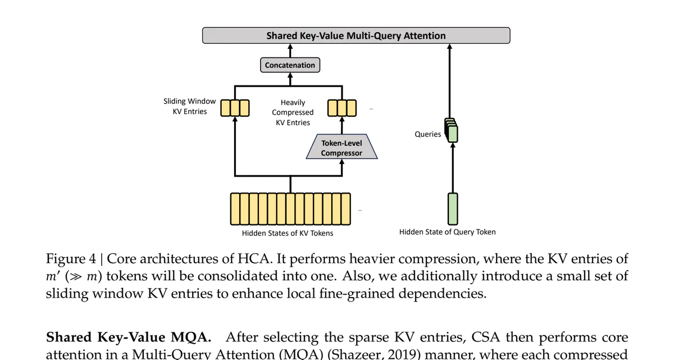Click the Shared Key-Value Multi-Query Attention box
pyautogui.click(x=356, y=35)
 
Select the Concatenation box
pyautogui.click(x=290, y=65)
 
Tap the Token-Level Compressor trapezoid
pyautogui.click(x=341, y=148)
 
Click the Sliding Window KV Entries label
pyautogui.click(x=189, y=106)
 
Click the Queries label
pyautogui.click(x=427, y=134)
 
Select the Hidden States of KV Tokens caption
pyautogui.click(x=287, y=233)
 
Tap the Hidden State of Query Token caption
pyautogui.click(x=447, y=232)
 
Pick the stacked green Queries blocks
pyautogui.click(x=452, y=130)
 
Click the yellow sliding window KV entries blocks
pyautogui.click(x=235, y=107)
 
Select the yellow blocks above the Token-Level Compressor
pyautogui.click(x=341, y=107)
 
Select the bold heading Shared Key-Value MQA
pyautogui.click(x=128, y=337)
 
